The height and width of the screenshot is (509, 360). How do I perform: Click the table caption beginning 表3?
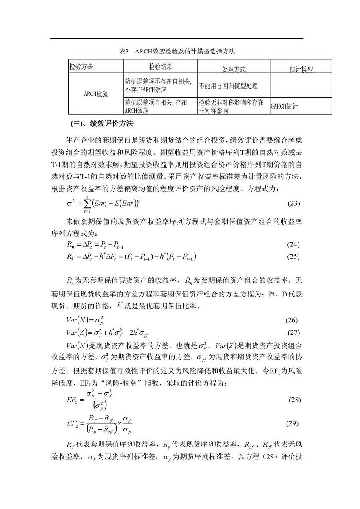pyautogui.click(x=177, y=51)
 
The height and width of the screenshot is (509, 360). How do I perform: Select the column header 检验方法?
pyautogui.click(x=81, y=67)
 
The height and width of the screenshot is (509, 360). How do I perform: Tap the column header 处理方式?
pyautogui.click(x=234, y=69)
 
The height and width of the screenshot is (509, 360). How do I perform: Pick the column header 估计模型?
pyautogui.click(x=301, y=69)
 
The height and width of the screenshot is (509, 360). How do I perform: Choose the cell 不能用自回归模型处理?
pyautogui.click(x=228, y=86)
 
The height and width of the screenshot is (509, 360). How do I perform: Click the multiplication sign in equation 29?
pyautogui.click(x=118, y=423)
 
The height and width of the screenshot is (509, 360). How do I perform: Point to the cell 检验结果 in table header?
pyautogui.click(x=161, y=67)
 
